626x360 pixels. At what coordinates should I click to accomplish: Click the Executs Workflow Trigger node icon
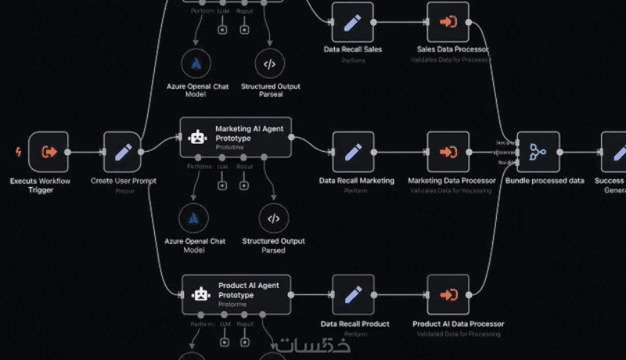tap(49, 151)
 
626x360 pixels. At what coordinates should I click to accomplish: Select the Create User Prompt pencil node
tap(123, 151)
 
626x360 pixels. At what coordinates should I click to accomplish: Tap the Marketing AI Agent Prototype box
tap(236, 137)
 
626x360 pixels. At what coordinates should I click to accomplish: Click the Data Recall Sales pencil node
tap(353, 22)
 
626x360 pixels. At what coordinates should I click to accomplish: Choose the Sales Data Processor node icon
tap(448, 22)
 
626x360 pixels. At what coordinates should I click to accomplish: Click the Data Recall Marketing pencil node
tap(353, 152)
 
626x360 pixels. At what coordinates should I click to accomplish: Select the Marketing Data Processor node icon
tap(448, 152)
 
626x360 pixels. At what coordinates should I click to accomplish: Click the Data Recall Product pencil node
tap(353, 294)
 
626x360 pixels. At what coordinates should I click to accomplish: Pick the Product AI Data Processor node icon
tap(448, 294)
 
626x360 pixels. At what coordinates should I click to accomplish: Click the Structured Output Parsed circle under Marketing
tap(273, 218)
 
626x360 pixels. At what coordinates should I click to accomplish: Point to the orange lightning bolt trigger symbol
tap(18, 151)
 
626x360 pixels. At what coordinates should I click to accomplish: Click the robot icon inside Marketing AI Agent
tap(198, 137)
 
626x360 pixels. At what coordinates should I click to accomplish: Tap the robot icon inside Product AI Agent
tap(201, 293)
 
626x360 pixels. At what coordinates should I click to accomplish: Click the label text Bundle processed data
tap(545, 181)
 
